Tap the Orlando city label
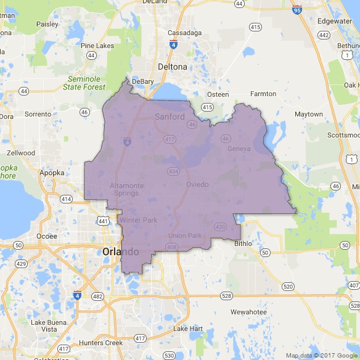(x=121, y=252)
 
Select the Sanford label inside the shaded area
(x=170, y=117)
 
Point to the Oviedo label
(x=197, y=184)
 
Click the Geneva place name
(x=239, y=149)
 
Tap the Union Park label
(x=185, y=235)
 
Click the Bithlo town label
(x=243, y=243)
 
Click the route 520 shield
(x=288, y=286)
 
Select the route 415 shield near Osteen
(x=208, y=107)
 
